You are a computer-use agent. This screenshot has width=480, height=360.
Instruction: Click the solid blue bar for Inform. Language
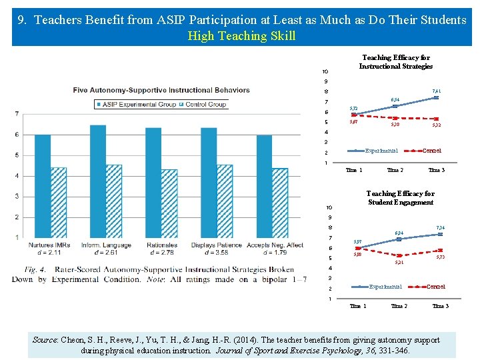pyautogui.click(x=97, y=181)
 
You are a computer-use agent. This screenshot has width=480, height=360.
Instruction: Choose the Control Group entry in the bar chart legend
pyautogui.click(x=203, y=104)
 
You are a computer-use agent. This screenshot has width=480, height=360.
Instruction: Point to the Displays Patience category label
pyautogui.click(x=217, y=245)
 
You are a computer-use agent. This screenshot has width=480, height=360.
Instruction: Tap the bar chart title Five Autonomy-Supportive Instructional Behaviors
pyautogui.click(x=161, y=90)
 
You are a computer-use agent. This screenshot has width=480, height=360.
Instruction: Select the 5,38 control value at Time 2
pyautogui.click(x=395, y=124)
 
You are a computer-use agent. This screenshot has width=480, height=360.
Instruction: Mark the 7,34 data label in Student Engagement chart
pyautogui.click(x=439, y=227)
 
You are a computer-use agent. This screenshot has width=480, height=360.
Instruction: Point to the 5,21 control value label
pyautogui.click(x=399, y=263)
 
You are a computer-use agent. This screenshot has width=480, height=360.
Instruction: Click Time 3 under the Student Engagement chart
pyautogui.click(x=440, y=306)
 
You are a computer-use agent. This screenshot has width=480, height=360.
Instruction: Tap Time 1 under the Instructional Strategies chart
pyautogui.click(x=354, y=170)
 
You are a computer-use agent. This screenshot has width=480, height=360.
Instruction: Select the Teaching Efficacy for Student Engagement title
pyautogui.click(x=400, y=198)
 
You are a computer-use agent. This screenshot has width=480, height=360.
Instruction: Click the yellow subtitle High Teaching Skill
pyautogui.click(x=241, y=35)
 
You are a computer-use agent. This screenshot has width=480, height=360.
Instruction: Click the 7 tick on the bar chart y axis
pyautogui.click(x=16, y=114)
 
